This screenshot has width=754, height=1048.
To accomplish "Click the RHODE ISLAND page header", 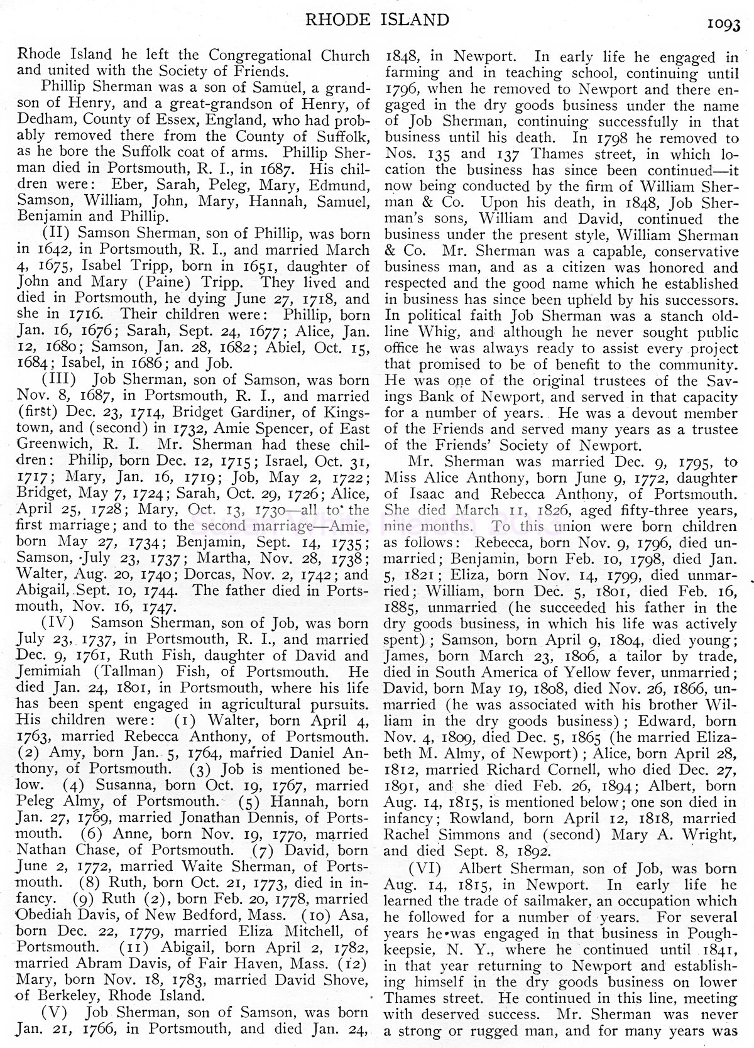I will click(x=377, y=20).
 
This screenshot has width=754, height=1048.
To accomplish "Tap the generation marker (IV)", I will click(x=58, y=623).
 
